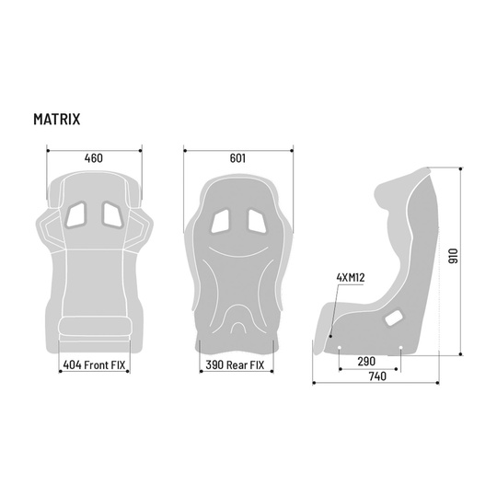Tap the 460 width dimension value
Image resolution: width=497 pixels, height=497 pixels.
click(93, 158)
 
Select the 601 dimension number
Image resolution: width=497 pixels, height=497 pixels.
click(237, 158)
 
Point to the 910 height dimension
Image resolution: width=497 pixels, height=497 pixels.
click(451, 258)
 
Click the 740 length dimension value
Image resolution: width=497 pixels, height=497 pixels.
click(375, 376)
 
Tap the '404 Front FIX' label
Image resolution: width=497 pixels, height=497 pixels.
click(94, 364)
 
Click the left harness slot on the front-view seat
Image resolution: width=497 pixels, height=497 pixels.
click(76, 214)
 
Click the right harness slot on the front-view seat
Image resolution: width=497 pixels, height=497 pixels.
click(110, 214)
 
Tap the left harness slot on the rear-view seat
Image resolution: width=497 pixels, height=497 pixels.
click(221, 221)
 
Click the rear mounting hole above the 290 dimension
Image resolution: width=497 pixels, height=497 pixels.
click(400, 349)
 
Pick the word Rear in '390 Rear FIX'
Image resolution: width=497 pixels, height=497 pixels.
click(237, 364)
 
